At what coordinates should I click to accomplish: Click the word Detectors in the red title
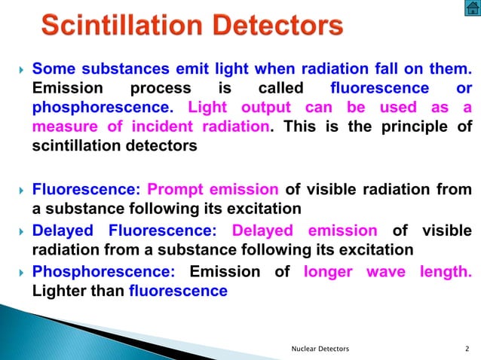pyautogui.click(x=276, y=27)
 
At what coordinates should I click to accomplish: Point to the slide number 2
pyautogui.click(x=467, y=348)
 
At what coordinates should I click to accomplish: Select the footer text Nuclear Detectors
pyautogui.click(x=320, y=348)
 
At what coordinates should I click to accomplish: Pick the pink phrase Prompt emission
pyautogui.click(x=213, y=189)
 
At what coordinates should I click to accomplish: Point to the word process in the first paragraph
pyautogui.click(x=161, y=89)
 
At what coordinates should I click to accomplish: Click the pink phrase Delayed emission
pyautogui.click(x=305, y=230)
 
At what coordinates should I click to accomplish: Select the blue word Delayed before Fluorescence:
pyautogui.click(x=63, y=230)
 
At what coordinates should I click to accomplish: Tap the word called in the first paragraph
pyautogui.click(x=280, y=89)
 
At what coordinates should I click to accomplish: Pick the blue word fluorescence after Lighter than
pyautogui.click(x=178, y=291)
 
